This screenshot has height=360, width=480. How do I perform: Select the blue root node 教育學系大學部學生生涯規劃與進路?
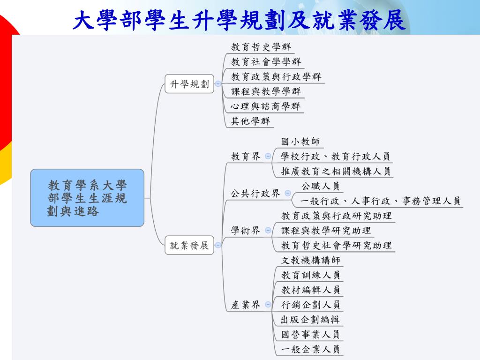[x=87, y=198]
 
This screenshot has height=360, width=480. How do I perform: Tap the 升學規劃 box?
[x=189, y=84]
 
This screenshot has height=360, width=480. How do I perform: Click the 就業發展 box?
[x=189, y=245]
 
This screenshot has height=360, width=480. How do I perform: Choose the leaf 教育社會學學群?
[x=266, y=61]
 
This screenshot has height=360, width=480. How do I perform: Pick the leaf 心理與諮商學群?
[x=266, y=106]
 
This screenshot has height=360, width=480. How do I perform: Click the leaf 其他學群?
[x=250, y=121]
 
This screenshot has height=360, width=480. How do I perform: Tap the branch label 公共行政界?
[x=255, y=193]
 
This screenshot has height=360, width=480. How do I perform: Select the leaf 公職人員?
[x=320, y=186]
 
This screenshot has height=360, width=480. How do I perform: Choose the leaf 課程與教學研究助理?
[x=326, y=230]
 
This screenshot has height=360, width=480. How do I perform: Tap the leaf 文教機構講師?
[x=310, y=260]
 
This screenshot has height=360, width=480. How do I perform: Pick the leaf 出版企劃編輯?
[x=310, y=319]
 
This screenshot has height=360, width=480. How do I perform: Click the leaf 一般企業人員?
[x=310, y=349]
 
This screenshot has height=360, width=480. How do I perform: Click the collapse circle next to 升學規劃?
[x=218, y=84]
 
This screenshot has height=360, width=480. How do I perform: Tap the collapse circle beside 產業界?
[x=268, y=304]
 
